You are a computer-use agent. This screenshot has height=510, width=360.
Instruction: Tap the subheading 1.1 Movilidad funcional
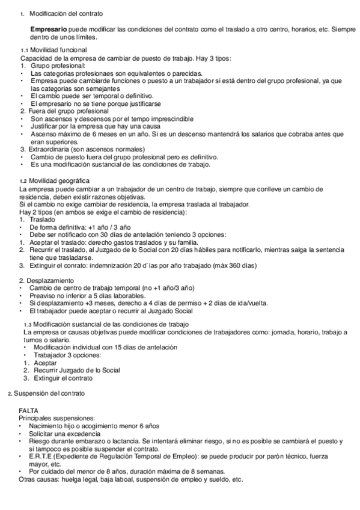58,50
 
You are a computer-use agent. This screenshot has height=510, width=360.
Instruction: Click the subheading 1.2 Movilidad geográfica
59,180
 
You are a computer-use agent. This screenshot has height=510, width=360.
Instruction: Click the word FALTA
29,410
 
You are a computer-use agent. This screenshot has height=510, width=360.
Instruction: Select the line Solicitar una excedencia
66,433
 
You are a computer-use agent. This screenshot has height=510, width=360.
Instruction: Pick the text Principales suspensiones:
56,417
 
